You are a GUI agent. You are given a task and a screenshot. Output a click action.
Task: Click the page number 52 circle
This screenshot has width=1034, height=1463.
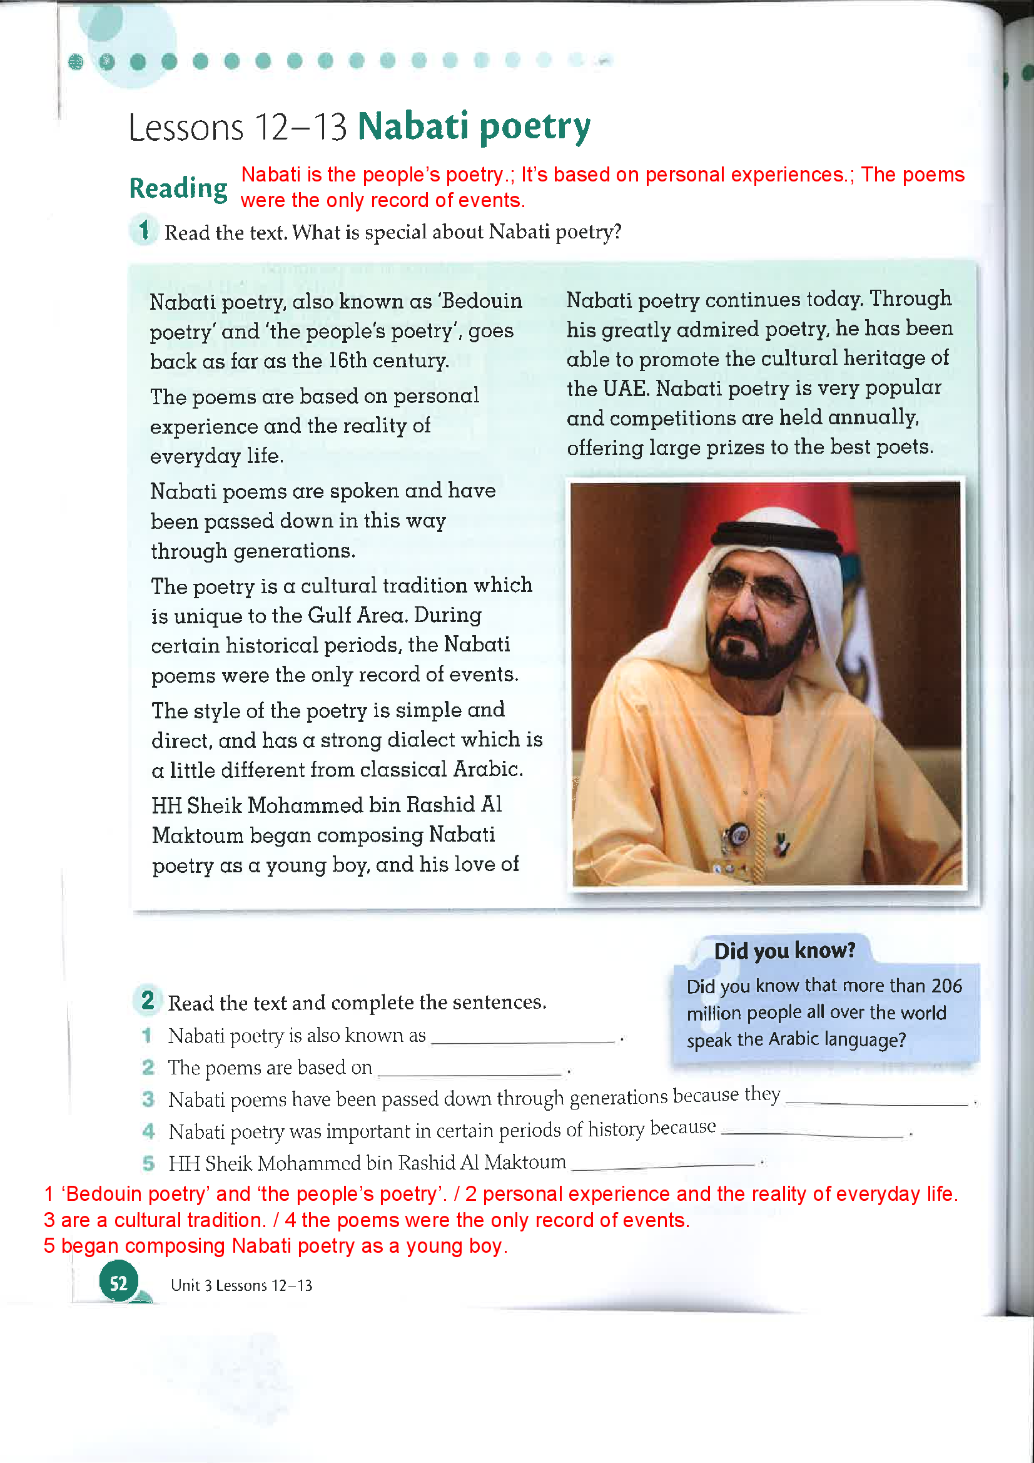pos(118,1283)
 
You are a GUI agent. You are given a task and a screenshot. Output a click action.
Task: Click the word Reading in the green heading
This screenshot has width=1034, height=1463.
pos(178,188)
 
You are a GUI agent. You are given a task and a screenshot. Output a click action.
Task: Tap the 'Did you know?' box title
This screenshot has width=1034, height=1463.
pos(784,951)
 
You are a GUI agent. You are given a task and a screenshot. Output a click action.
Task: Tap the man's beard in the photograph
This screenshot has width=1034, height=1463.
pos(758,650)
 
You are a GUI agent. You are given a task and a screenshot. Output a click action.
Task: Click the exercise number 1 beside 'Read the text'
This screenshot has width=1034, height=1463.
pos(144,230)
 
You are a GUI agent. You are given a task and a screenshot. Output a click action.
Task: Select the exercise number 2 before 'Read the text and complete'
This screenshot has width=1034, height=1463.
pos(148,1001)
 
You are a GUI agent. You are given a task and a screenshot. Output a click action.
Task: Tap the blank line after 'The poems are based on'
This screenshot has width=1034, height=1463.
pos(470,1073)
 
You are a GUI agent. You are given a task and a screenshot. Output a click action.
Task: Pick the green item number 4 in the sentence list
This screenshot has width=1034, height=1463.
pos(148,1131)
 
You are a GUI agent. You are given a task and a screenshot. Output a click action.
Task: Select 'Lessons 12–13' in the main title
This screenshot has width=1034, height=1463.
pos(238,127)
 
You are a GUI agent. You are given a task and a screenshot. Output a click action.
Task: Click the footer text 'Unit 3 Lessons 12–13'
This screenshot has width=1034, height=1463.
pos(241,1285)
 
